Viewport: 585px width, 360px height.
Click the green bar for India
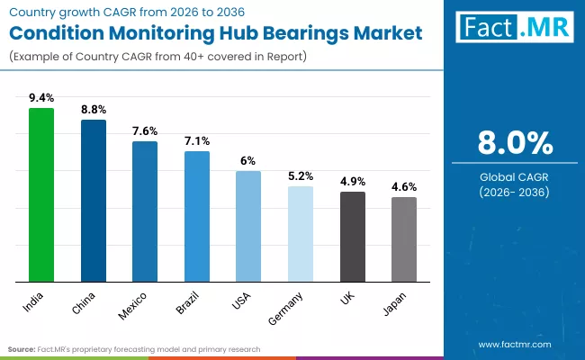(x=41, y=194)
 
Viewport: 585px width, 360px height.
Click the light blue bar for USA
(x=248, y=226)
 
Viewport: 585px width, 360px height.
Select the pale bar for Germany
(x=301, y=233)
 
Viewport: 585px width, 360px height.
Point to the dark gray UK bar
(x=353, y=236)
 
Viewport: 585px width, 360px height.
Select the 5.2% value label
(x=301, y=176)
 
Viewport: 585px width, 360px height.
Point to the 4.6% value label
(x=404, y=187)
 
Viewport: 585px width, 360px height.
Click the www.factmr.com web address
(x=514, y=345)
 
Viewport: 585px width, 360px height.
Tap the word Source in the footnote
(x=22, y=348)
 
